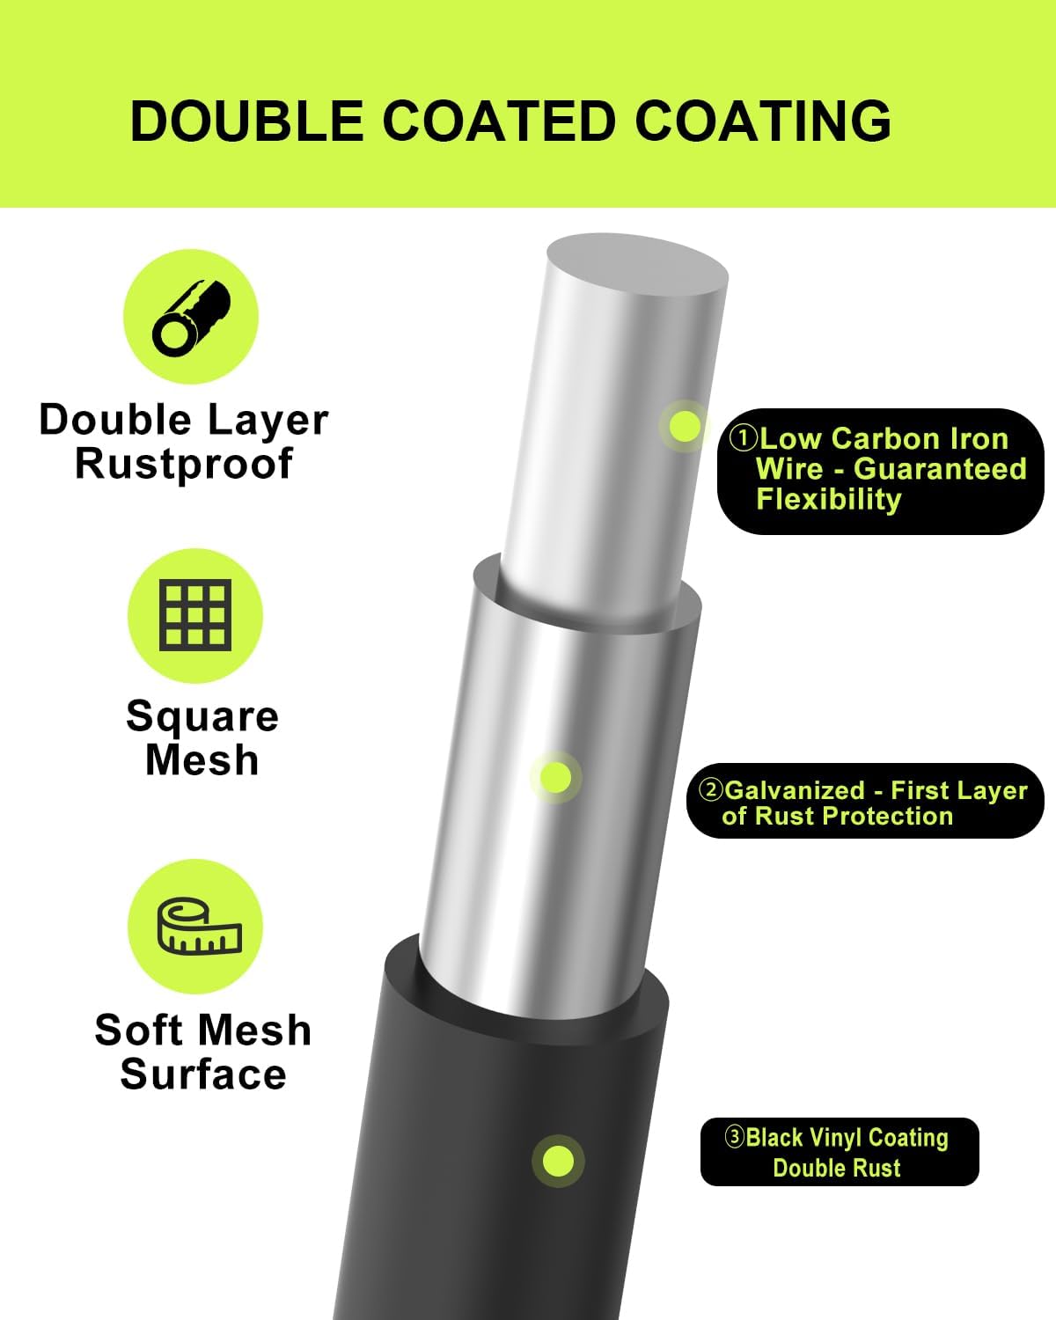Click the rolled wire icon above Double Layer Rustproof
[191, 318]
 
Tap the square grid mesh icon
[195, 614]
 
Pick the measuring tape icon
[200, 927]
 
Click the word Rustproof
[183, 465]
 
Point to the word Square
[202, 715]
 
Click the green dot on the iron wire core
[685, 426]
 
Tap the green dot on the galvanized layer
[556, 777]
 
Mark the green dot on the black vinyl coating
[558, 1161]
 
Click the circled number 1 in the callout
[743, 438]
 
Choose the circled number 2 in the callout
[711, 790]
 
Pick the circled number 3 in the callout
[735, 1137]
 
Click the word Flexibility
[829, 500]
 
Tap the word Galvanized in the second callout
[795, 790]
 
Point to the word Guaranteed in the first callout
[940, 469]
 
